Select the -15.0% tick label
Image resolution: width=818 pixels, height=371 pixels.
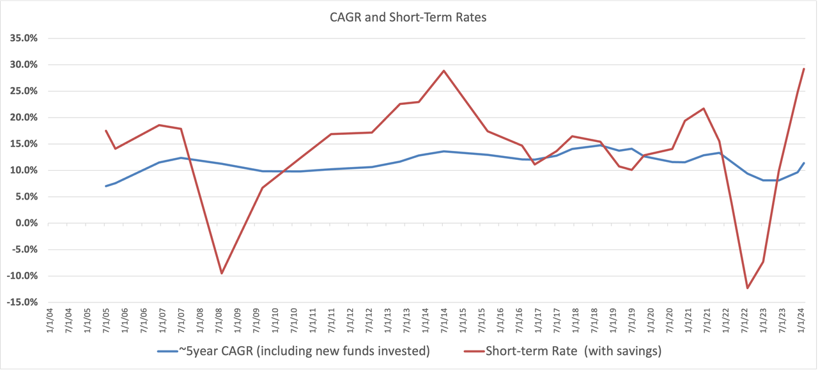(22, 303)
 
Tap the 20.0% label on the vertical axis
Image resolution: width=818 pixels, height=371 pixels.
(24, 118)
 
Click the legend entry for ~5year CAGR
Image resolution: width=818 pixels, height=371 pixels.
(294, 351)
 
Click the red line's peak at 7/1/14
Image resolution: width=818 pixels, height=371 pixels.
(444, 70)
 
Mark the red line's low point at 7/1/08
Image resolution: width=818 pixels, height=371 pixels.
(221, 274)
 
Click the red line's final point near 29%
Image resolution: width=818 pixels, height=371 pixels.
(804, 68)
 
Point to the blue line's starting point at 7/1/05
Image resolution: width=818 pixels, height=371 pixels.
(106, 186)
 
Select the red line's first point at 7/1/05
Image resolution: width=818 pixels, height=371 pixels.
(106, 130)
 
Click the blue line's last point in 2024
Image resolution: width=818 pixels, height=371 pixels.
(804, 162)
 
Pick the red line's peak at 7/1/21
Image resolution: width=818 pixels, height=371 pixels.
(704, 108)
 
